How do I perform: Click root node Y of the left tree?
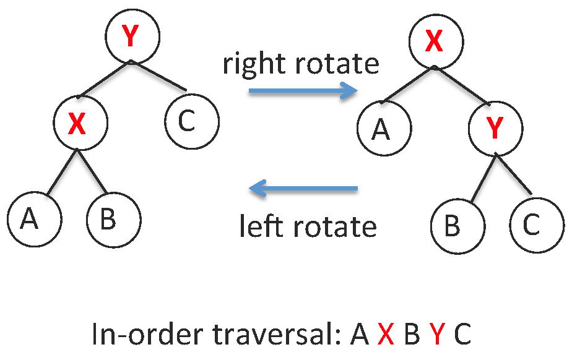coord(131,36)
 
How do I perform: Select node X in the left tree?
coord(79,123)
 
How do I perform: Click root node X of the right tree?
coord(435,41)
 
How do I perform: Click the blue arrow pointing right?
coord(303,92)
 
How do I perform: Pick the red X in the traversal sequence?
coord(386,335)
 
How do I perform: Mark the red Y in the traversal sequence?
coord(438,335)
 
